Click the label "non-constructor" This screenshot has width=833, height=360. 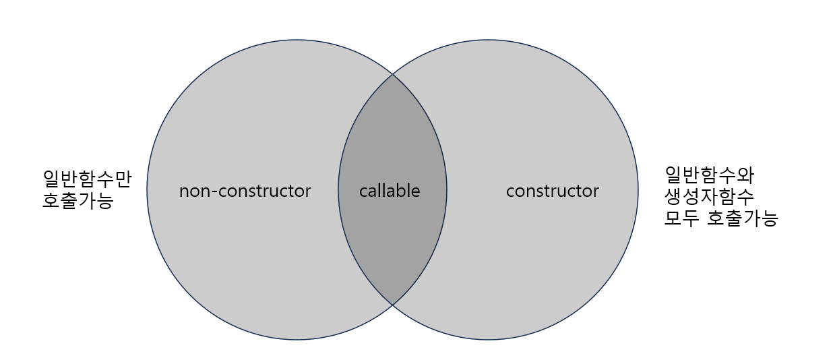[245, 191]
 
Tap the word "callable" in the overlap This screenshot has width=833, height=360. [390, 191]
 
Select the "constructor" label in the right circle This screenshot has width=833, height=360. [552, 191]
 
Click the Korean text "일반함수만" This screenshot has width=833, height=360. [87, 179]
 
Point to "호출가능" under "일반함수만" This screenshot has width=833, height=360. [78, 201]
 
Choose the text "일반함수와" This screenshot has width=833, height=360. [709, 175]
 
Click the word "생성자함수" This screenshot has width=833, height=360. [709, 197]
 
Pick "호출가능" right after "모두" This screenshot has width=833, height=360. [742, 218]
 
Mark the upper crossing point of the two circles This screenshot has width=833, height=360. [393, 73]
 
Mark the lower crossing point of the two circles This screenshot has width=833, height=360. [393, 305]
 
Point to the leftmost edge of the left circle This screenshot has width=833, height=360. [147, 189]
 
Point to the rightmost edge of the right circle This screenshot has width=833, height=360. [638, 189]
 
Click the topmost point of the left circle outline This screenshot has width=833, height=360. [297, 39]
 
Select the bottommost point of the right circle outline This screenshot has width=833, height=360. [489, 340]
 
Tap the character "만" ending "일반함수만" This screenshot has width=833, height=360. [123, 179]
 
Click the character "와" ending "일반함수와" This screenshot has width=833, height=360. [745, 175]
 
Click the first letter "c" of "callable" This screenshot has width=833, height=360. [363, 192]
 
